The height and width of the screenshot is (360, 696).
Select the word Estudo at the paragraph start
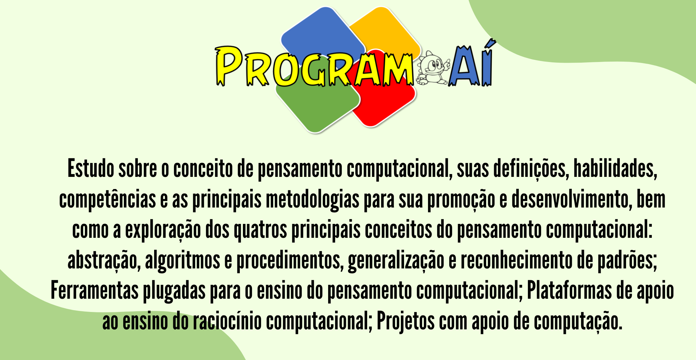coord(91,169)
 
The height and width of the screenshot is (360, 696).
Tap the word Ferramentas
coord(95,291)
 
